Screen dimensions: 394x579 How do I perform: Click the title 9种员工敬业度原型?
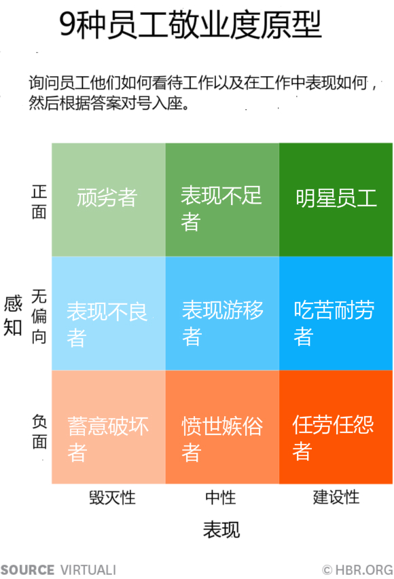coord(190,24)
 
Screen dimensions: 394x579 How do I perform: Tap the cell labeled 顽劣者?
coord(108,200)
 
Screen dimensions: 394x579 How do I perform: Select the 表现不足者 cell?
coord(222,200)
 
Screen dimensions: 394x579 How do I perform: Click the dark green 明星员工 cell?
coord(336,200)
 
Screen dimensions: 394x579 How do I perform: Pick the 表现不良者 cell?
coord(108,314)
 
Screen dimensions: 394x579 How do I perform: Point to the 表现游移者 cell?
coord(222,314)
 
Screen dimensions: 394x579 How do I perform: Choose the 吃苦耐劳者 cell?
coord(336,314)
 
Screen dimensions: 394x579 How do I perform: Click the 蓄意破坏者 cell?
coord(108,427)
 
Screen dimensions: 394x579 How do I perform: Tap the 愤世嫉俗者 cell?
coord(222,427)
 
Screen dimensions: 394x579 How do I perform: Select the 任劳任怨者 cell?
coord(336,427)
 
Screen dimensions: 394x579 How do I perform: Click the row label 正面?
coord(39,202)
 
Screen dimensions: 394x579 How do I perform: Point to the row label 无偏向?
coord(39,316)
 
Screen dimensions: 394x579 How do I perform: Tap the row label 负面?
coord(39,431)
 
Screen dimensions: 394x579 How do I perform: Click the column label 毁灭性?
coord(112,498)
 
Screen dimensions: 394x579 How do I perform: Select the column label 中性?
coord(221,498)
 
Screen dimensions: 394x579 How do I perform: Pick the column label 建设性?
coord(336,497)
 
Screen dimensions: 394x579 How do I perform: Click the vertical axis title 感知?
coord(13,316)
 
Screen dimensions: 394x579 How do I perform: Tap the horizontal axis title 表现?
coord(221,529)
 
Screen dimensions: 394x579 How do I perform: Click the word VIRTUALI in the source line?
coord(88,569)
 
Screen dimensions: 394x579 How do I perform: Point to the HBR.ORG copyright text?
coord(357,569)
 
